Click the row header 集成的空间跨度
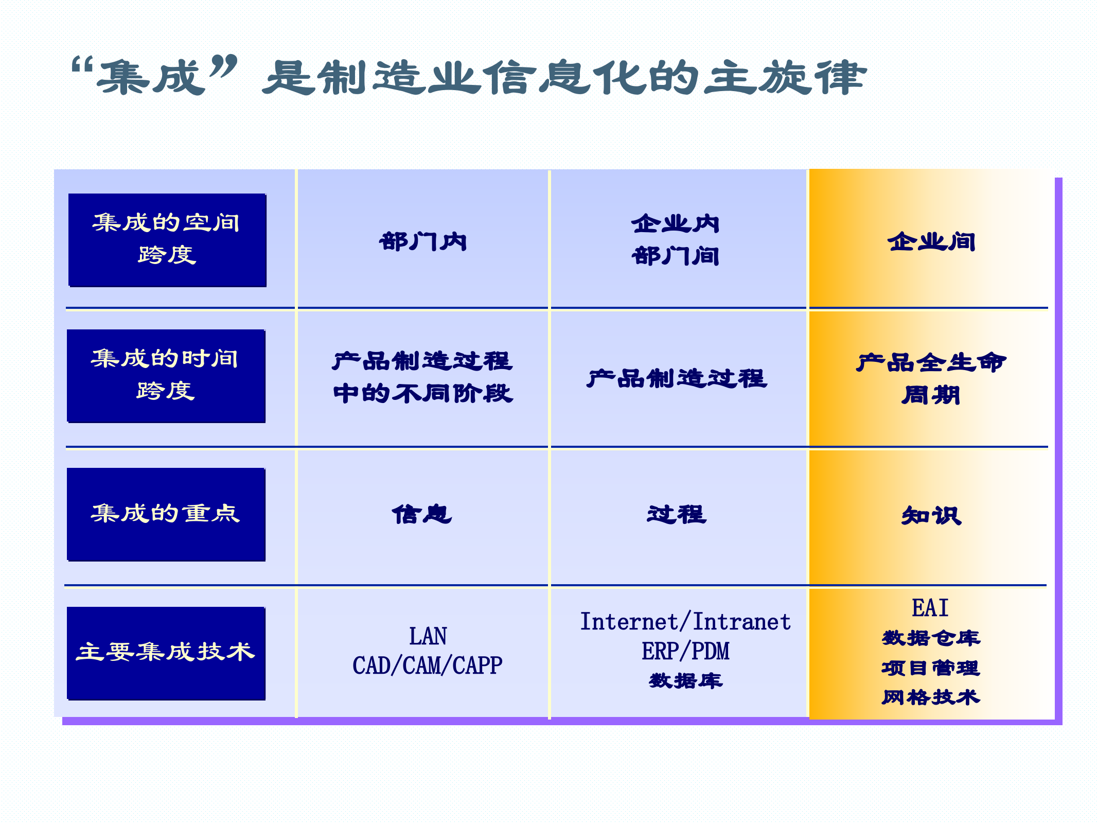(167, 240)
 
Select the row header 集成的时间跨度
(166, 376)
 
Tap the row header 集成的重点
(166, 514)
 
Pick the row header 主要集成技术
(166, 653)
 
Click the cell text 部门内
(423, 242)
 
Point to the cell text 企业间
(931, 242)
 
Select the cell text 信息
(422, 515)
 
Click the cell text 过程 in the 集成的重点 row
(677, 515)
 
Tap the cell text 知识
(931, 516)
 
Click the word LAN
(428, 636)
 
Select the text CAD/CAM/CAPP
(427, 666)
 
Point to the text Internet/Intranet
(685, 622)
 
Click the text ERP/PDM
(685, 651)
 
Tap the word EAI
(930, 608)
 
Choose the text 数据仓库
(931, 638)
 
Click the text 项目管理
(931, 668)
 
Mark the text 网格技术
(931, 697)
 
